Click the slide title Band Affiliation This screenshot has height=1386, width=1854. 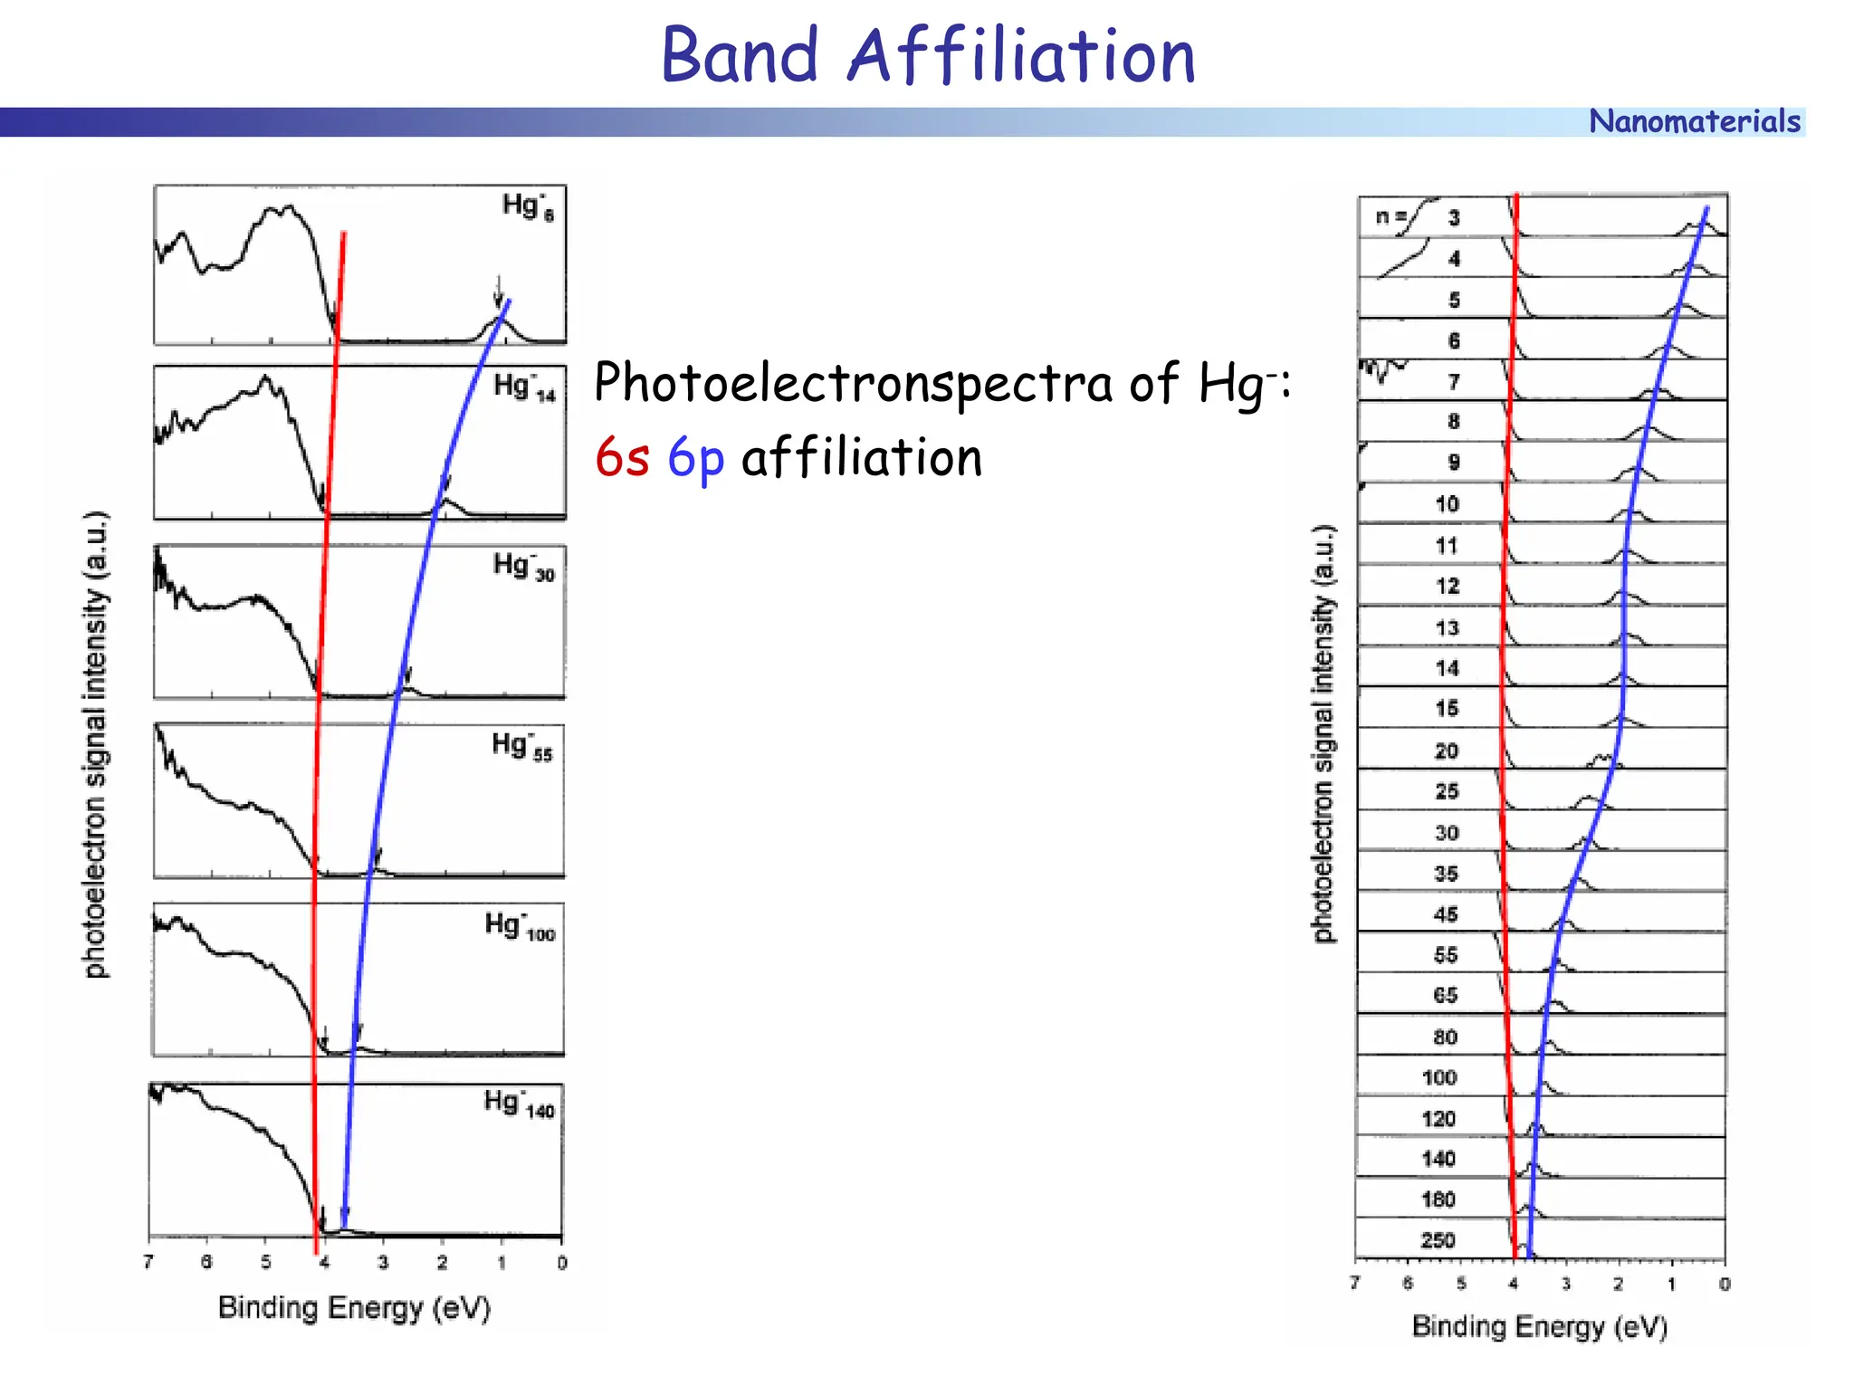click(x=928, y=56)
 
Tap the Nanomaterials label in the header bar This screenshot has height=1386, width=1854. click(x=1694, y=121)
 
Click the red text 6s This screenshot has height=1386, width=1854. click(x=622, y=457)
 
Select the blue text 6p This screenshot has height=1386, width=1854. click(x=695, y=458)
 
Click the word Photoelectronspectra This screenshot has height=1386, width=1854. click(x=854, y=384)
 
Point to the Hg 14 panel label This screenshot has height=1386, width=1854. click(x=524, y=387)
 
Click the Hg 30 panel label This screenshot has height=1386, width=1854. click(x=523, y=567)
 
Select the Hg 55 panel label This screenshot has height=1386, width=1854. click(x=521, y=746)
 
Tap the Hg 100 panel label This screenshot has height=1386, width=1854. click(x=520, y=926)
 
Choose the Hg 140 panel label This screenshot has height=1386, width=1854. click(x=519, y=1104)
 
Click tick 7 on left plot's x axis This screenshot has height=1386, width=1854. click(x=148, y=1262)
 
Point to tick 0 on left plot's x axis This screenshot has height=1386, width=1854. click(x=562, y=1263)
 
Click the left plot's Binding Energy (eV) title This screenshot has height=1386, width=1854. click(x=354, y=1308)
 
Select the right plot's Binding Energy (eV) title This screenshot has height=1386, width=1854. click(x=1539, y=1327)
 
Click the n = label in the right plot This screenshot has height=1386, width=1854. click(x=1390, y=216)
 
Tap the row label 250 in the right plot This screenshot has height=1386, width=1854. click(x=1438, y=1241)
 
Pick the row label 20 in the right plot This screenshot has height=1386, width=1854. click(x=1447, y=750)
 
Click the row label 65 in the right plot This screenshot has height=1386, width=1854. click(x=1446, y=996)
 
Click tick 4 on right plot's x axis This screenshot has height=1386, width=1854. click(x=1513, y=1284)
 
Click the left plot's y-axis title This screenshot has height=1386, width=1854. click(x=96, y=744)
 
